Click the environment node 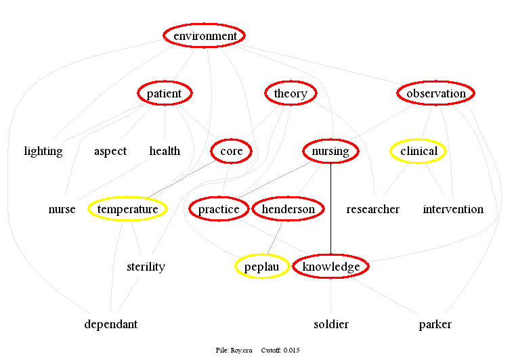pyautogui.click(x=205, y=36)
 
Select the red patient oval pyautogui.click(x=165, y=93)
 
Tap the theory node pyautogui.click(x=291, y=93)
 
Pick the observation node pyautogui.click(x=436, y=93)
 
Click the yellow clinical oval pyautogui.click(x=419, y=151)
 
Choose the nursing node pyautogui.click(x=330, y=151)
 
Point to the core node pyautogui.click(x=232, y=151)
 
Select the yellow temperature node pyautogui.click(x=127, y=209)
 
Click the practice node pyautogui.click(x=219, y=209)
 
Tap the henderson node pyautogui.click(x=288, y=209)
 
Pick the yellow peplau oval pyautogui.click(x=262, y=267)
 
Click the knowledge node pyautogui.click(x=331, y=267)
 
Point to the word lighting pyautogui.click(x=43, y=151)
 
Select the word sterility pyautogui.click(x=146, y=267)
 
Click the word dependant pyautogui.click(x=111, y=324)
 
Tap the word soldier pyautogui.click(x=331, y=324)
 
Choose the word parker pyautogui.click(x=435, y=324)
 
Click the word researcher pyautogui.click(x=373, y=209)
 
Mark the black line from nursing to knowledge pyautogui.click(x=330, y=210)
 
